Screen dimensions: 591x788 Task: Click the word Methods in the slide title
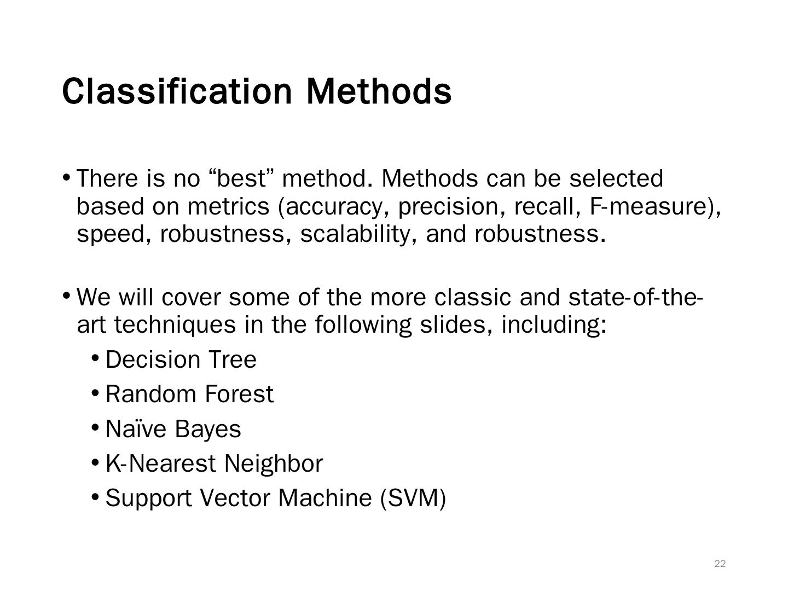click(x=379, y=91)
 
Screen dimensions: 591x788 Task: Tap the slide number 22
click(x=720, y=564)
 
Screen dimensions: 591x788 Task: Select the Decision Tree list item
click(x=181, y=360)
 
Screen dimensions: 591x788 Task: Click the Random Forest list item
click(x=189, y=394)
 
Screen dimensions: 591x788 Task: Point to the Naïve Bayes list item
click(x=173, y=429)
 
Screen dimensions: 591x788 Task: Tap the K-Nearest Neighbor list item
click(x=214, y=463)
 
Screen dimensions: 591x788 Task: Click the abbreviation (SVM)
click(x=413, y=498)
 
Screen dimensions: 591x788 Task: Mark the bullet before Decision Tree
click(x=95, y=358)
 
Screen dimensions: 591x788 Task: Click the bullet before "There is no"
click(x=66, y=177)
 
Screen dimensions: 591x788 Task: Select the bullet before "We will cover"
click(x=66, y=296)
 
